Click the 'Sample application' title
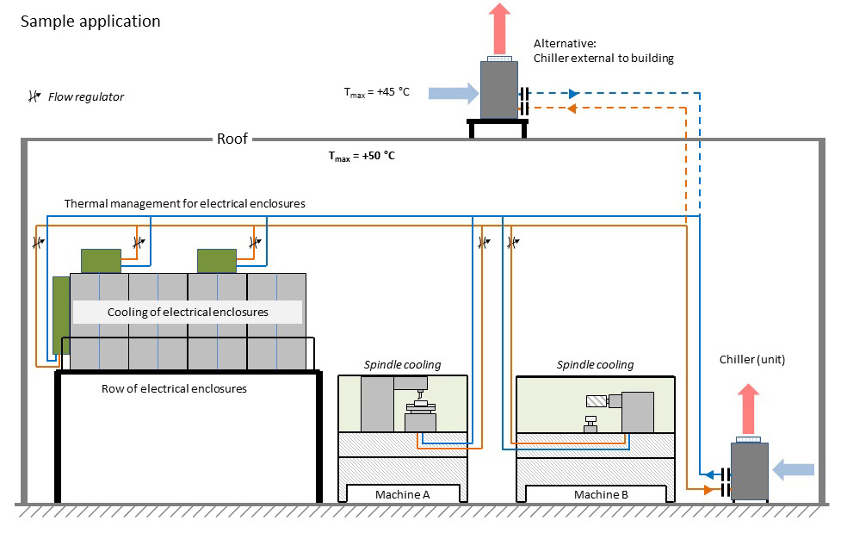coord(90,22)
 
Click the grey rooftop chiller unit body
coord(498,90)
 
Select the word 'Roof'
coord(232,139)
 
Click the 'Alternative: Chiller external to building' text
coord(603,51)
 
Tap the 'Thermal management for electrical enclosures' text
coord(184,203)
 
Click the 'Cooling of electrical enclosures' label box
coord(188,312)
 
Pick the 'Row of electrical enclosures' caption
coord(174,388)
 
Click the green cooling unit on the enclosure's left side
coord(60,314)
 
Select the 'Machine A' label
coord(402,494)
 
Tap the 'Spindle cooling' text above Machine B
coord(595,364)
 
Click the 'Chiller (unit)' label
coord(751,359)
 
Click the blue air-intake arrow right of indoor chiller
coord(793,469)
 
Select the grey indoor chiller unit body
coord(749,471)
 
